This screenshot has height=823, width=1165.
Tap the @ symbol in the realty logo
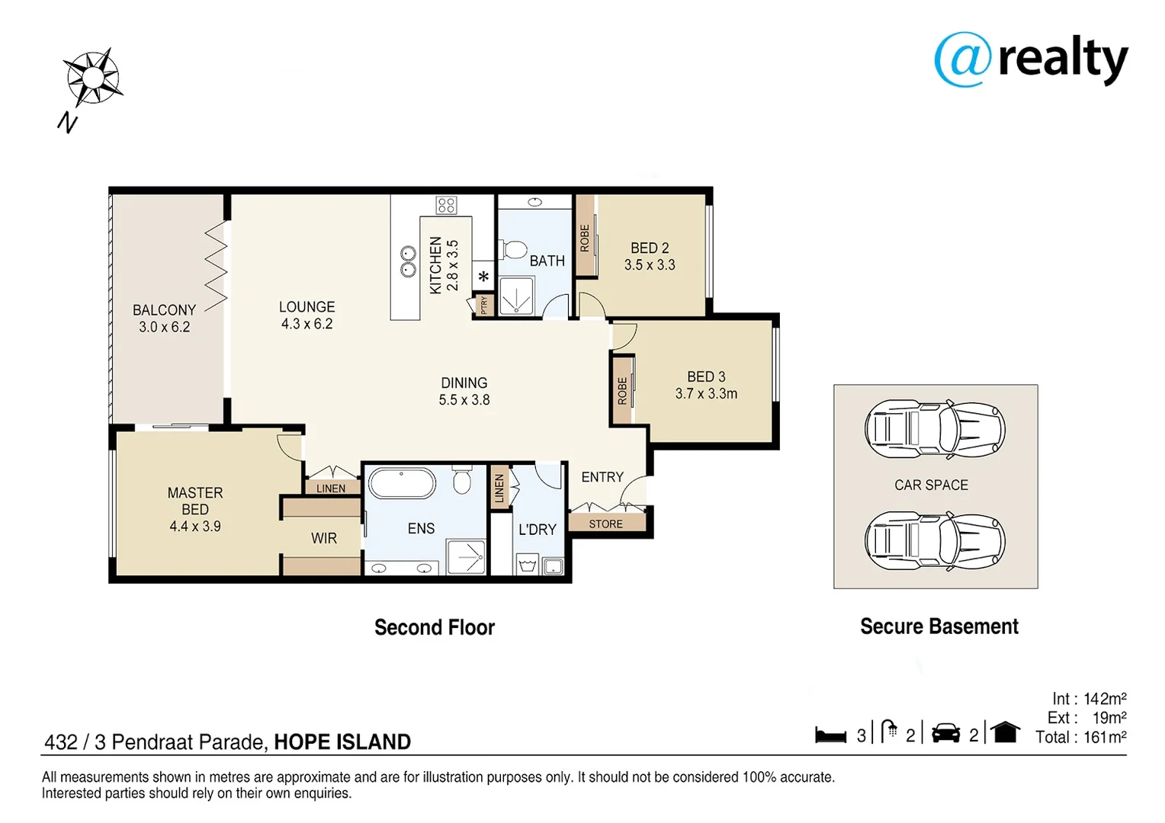[963, 59]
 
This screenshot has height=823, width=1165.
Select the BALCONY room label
[165, 310]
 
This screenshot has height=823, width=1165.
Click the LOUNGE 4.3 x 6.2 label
[306, 315]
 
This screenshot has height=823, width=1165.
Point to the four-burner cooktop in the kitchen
[446, 205]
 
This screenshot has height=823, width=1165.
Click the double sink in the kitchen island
[408, 261]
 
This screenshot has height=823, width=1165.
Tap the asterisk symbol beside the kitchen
[483, 277]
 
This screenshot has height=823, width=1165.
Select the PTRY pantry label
[484, 305]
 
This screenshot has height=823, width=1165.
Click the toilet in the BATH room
[513, 249]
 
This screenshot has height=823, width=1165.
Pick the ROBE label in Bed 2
[585, 238]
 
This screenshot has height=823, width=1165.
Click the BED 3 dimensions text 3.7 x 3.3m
[706, 393]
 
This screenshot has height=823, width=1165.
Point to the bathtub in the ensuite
[402, 483]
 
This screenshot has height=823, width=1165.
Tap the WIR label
[324, 538]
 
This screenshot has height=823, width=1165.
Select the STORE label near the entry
[606, 524]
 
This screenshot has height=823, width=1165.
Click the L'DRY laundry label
[538, 530]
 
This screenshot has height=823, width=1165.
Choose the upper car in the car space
[935, 430]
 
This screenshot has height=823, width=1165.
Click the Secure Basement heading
[939, 626]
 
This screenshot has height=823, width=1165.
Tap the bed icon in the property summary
[830, 735]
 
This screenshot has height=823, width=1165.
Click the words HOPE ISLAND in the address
[343, 742]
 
